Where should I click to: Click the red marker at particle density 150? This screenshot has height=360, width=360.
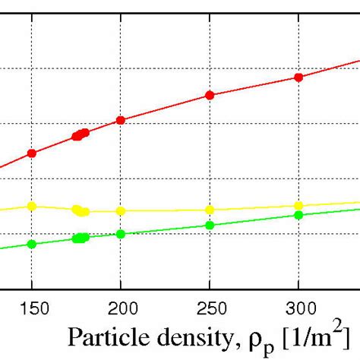[32, 153]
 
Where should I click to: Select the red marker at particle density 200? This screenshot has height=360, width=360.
[121, 121]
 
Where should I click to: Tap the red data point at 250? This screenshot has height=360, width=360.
[210, 96]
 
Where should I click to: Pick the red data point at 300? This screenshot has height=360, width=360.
[298, 77]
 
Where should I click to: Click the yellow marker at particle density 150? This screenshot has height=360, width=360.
[32, 206]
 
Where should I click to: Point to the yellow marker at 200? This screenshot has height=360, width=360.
[121, 211]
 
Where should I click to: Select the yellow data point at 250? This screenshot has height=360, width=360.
[210, 210]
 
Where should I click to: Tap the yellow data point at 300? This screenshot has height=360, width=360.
[298, 206]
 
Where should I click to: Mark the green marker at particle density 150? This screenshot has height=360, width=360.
[32, 244]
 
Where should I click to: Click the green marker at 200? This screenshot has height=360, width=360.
[121, 234]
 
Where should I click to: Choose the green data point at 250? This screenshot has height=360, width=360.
[210, 225]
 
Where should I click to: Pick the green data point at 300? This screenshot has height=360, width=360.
[298, 215]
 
